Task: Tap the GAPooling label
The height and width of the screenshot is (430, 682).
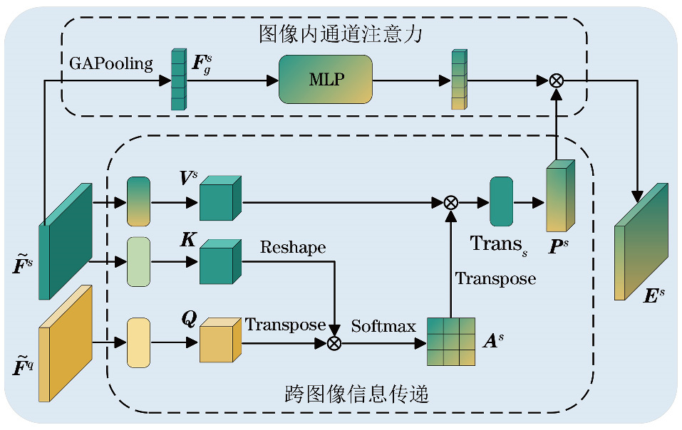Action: (111, 64)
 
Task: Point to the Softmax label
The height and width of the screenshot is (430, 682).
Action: (383, 327)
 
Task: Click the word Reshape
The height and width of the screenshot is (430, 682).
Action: (293, 248)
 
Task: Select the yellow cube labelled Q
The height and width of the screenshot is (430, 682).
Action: (220, 342)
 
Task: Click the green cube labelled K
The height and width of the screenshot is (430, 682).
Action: (220, 263)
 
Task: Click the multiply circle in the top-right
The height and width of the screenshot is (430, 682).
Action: (557, 80)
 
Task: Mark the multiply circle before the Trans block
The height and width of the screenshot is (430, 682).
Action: (450, 203)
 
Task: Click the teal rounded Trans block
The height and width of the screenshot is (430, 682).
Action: (501, 202)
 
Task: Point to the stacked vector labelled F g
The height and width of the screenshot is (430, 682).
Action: (177, 79)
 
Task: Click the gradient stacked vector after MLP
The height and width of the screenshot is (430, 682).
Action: (458, 80)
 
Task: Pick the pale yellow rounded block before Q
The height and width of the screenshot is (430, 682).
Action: (138, 343)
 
